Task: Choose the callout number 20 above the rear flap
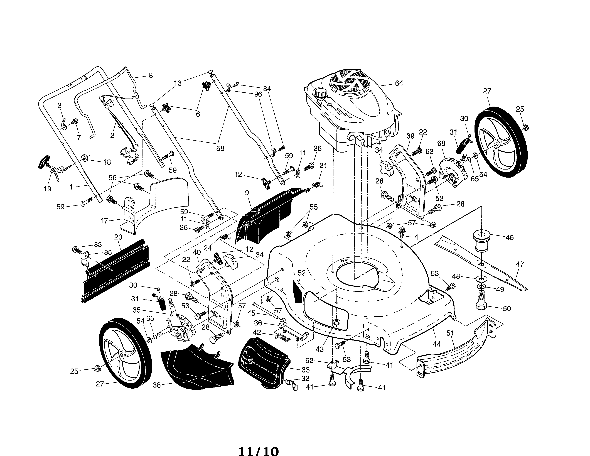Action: [x=118, y=237]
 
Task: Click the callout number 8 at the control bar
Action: [x=151, y=76]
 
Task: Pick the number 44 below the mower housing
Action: [x=437, y=344]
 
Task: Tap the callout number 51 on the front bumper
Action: [x=450, y=333]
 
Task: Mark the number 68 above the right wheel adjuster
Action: [x=441, y=143]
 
